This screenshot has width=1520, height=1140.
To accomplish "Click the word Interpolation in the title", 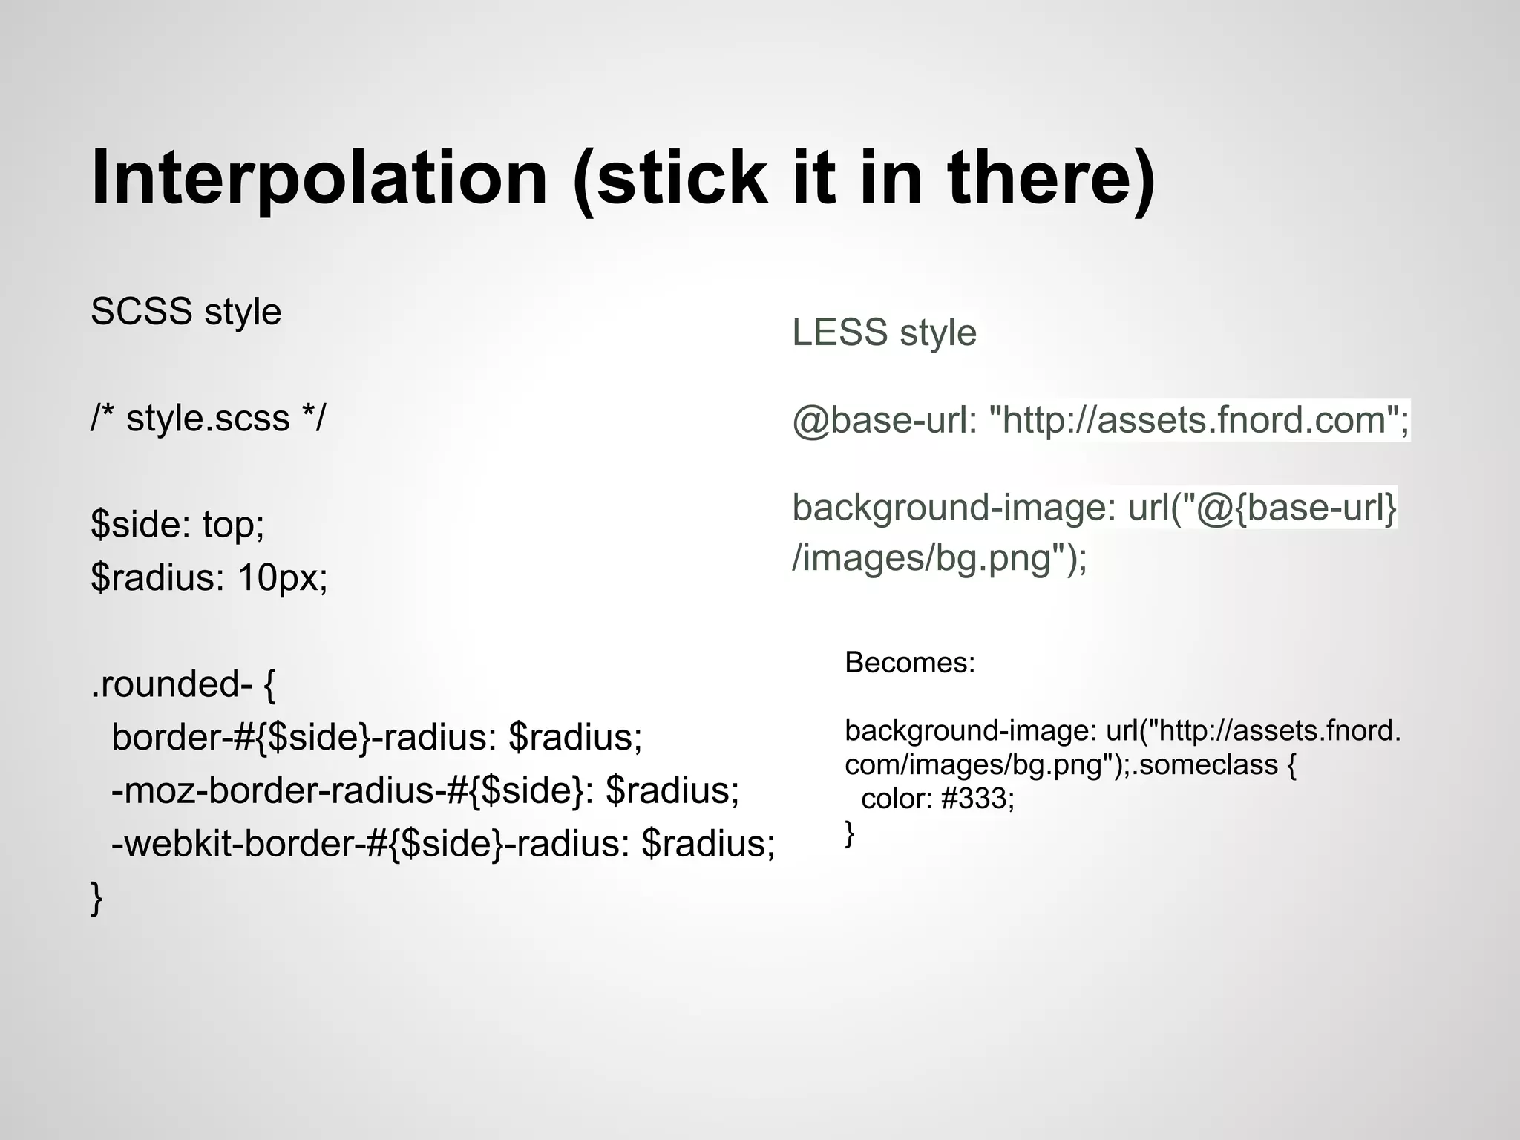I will coord(319,178).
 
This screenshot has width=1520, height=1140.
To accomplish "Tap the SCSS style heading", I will coord(186,311).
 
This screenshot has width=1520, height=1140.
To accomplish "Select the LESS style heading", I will coord(884,332).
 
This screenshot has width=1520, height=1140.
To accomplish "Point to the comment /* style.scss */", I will coord(208,418).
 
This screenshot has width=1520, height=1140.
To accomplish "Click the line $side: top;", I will coord(177,524).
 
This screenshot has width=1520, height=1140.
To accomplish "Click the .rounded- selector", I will coord(171,684).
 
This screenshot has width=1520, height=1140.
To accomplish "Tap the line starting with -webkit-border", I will coord(443,843).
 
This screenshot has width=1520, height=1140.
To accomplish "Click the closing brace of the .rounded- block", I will coord(96,898).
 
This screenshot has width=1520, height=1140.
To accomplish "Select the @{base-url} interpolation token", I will coord(1296,508).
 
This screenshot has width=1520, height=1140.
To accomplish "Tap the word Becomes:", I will coord(910,662).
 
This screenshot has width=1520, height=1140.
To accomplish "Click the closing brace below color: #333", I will coord(850,833).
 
